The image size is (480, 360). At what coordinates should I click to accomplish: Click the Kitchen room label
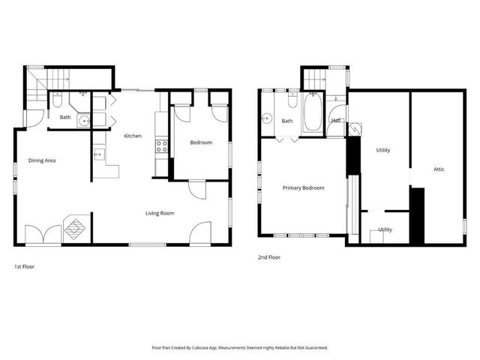133,136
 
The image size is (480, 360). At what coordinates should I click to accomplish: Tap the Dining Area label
43,160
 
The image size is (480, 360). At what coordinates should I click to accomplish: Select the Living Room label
160,213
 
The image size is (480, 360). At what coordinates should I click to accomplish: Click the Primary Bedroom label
303,188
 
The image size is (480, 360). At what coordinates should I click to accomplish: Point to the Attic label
439,169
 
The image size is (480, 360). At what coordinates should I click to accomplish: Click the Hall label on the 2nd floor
337,120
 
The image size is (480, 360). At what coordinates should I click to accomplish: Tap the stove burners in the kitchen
160,146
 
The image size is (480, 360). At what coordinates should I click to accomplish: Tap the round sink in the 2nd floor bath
266,118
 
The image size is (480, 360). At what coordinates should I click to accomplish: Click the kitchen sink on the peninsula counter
98,155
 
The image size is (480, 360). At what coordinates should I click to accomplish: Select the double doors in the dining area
43,235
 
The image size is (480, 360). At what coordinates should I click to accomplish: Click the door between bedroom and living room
196,189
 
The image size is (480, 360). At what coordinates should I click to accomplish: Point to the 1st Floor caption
24,266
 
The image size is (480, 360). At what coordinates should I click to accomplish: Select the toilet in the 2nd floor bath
292,100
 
